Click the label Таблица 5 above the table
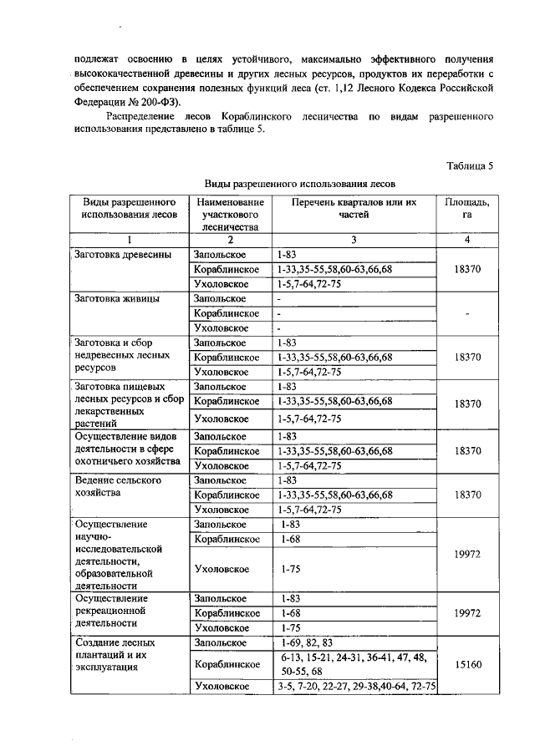[470, 165]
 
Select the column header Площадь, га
[467, 207]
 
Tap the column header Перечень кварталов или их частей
[354, 207]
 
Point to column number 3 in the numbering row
[354, 240]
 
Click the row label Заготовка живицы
[117, 298]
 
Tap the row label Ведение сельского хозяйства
[117, 487]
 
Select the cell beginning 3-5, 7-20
[355, 687]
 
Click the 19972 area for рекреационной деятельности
[467, 613]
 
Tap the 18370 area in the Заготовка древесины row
[467, 269]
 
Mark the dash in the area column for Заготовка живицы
[467, 314]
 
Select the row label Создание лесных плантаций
[115, 656]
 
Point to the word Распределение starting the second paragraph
[143, 118]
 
